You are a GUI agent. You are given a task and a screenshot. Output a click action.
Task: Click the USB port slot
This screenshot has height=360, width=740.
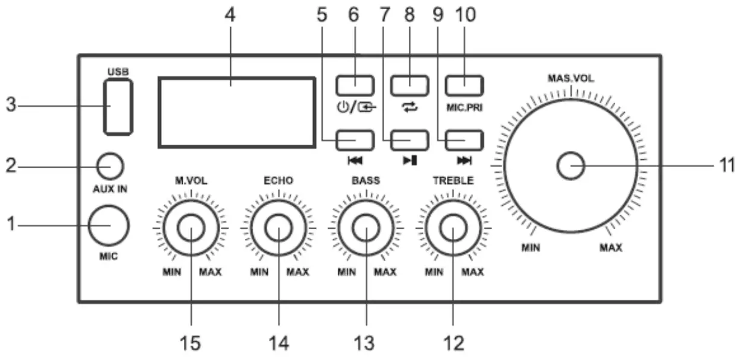118,107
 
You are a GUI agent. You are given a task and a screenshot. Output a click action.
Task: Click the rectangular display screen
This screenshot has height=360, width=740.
236,112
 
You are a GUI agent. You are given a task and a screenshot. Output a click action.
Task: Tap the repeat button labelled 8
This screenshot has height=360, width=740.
410,85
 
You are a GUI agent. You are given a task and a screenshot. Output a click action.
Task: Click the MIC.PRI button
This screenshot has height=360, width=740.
466,85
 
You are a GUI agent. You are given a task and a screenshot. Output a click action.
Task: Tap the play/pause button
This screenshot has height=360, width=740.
410,140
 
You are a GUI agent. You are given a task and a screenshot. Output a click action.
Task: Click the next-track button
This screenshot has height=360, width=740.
466,140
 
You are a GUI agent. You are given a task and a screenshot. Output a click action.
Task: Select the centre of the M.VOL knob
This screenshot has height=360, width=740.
191,229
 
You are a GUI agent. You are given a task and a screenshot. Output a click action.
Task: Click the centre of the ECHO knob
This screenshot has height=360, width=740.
279,229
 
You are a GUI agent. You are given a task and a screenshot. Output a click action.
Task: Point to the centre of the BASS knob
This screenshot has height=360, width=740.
365,229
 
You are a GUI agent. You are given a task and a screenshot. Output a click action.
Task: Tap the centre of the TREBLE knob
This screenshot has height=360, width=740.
453,229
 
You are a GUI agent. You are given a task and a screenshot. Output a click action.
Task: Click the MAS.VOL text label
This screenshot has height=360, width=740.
570,79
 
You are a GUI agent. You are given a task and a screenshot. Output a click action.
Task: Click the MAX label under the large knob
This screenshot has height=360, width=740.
610,248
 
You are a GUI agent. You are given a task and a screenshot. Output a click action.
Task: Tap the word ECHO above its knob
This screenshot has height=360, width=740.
278,180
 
